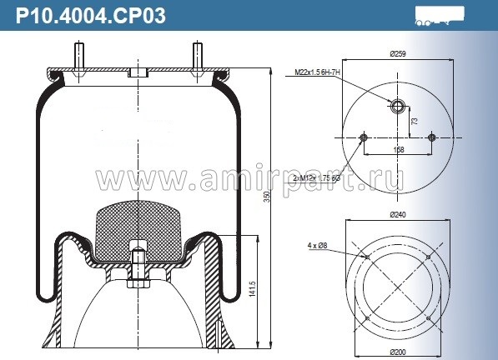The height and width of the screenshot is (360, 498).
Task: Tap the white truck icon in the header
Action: pos(438,15)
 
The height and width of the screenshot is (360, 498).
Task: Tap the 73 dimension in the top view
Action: pos(415,121)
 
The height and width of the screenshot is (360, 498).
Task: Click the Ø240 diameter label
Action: pos(396,214)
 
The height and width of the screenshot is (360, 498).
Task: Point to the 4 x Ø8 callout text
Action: pos(318,245)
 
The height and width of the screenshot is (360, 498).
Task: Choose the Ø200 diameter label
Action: pos(396,353)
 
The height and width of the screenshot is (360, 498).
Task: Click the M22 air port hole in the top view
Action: pos(396,106)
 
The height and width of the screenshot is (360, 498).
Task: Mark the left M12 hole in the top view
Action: pos(363,137)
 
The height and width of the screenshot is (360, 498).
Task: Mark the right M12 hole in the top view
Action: pos(430,137)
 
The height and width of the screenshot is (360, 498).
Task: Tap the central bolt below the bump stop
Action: pos(138,267)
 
